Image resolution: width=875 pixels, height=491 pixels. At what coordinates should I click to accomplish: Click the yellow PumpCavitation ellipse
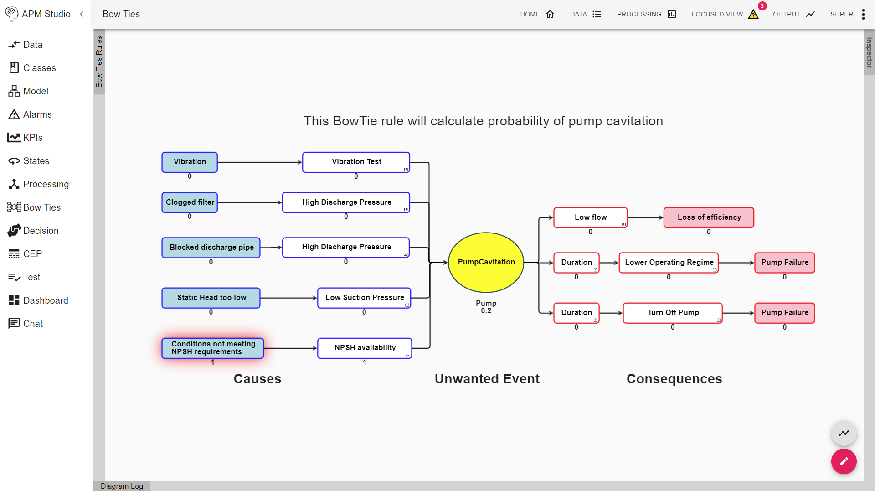coord(486,262)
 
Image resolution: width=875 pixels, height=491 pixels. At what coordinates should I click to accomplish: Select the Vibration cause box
coord(190,162)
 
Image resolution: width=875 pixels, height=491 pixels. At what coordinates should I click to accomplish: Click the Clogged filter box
coord(190,202)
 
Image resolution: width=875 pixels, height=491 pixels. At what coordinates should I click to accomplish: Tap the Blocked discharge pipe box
coord(211,248)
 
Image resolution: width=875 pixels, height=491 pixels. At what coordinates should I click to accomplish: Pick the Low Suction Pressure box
coord(364,298)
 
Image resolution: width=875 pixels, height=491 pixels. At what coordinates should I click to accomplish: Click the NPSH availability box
coord(365,348)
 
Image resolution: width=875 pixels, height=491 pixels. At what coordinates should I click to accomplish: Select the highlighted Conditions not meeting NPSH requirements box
coord(213,348)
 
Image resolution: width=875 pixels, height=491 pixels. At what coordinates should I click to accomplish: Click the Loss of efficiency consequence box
coord(709,217)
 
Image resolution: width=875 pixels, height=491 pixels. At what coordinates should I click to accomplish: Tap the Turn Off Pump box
coord(673,313)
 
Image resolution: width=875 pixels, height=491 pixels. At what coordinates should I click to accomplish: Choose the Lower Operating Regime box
coord(669,263)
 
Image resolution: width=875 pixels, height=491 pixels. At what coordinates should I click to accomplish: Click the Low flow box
coord(590,217)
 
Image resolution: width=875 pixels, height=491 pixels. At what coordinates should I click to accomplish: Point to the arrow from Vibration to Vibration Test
coord(260,162)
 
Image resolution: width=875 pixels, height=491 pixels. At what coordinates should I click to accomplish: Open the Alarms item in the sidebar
coord(37,114)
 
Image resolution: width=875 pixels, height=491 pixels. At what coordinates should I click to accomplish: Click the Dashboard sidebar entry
coord(46,300)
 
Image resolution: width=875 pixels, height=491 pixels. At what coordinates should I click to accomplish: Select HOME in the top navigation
coord(537,14)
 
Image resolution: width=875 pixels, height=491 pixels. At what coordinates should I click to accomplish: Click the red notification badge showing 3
coord(762,6)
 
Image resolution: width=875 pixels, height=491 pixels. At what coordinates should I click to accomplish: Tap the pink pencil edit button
coord(844,461)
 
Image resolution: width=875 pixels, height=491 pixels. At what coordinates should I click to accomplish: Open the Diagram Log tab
coord(122,486)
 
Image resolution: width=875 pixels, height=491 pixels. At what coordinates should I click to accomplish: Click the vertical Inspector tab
coord(869,52)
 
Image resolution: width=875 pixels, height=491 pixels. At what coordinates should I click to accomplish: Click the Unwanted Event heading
coord(487,379)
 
